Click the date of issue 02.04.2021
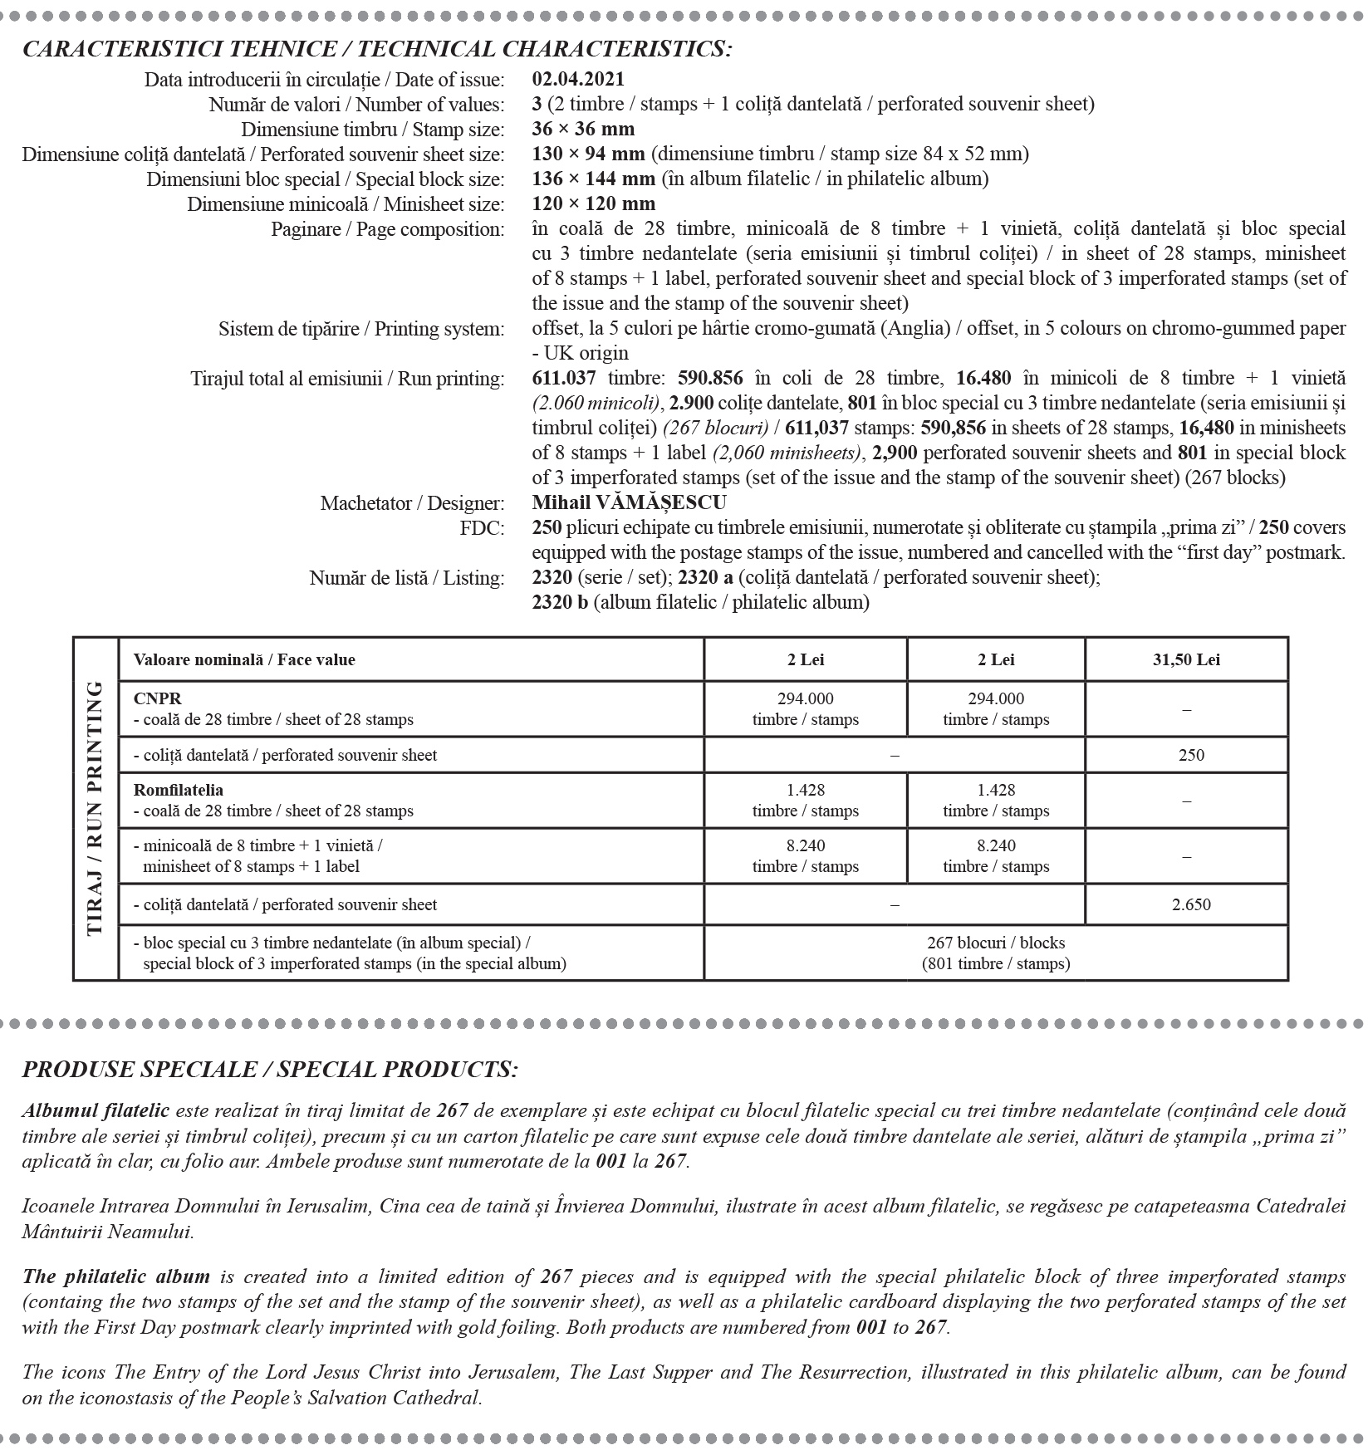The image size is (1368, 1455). pos(578,80)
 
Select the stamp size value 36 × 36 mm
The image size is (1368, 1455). pos(583,130)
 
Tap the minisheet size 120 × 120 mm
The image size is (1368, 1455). pos(593,204)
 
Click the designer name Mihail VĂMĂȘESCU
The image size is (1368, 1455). pos(629,503)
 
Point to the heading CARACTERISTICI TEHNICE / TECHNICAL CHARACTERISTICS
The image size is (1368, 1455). pos(377,49)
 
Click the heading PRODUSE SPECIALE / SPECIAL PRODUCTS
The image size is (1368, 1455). pos(270,1069)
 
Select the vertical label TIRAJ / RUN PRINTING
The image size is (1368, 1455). pos(96,808)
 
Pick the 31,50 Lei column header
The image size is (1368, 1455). pos(1185,660)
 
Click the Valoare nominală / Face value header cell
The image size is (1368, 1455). pos(244,660)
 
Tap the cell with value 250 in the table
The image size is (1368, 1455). pos(1190,756)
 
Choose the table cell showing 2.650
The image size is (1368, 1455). pos(1190,904)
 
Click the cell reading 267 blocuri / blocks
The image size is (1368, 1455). pos(995,943)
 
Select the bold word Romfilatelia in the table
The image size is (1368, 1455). pos(178,791)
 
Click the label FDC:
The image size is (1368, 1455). pos(483,528)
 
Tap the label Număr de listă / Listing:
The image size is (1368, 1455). pos(407,578)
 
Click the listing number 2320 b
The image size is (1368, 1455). pos(559,603)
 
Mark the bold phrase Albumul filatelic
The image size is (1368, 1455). pos(96,1111)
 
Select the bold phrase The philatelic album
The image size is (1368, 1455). pos(115,1276)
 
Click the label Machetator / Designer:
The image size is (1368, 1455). pos(412,503)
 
